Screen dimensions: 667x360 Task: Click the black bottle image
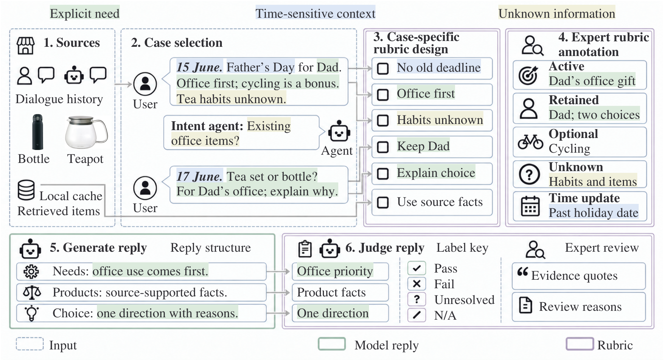(x=38, y=132)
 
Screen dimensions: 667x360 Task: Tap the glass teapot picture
(x=86, y=132)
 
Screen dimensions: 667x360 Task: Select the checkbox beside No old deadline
(x=383, y=68)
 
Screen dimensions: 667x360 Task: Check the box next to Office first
(x=383, y=94)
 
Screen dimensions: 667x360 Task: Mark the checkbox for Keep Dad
(x=383, y=147)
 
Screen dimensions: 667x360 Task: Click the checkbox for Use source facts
(x=383, y=203)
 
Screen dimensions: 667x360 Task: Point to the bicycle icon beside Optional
(x=530, y=141)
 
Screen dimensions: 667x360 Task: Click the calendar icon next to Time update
(x=530, y=206)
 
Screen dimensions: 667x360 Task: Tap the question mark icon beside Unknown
(x=529, y=174)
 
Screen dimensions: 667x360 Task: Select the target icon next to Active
(x=528, y=75)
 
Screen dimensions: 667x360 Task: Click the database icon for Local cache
(x=26, y=190)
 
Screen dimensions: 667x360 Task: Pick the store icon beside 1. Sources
(x=26, y=46)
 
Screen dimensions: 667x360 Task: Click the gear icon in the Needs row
(x=31, y=272)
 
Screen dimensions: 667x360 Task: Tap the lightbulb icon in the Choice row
(x=31, y=313)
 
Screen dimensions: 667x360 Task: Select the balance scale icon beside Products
(x=32, y=292)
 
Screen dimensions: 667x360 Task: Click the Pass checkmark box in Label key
(x=417, y=268)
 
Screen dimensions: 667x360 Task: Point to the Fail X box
(x=417, y=284)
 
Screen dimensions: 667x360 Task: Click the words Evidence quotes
(x=574, y=276)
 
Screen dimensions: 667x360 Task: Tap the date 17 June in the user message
(x=199, y=176)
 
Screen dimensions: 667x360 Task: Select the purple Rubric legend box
(x=580, y=344)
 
